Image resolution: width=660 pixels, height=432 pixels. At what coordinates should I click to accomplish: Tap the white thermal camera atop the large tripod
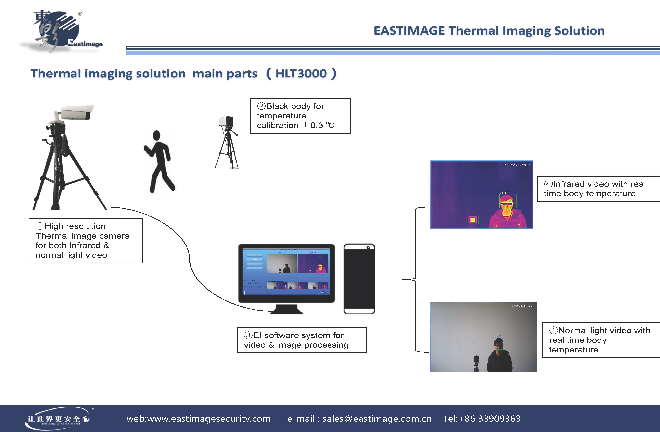(x=76, y=113)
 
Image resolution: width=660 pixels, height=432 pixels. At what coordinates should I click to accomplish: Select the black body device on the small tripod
(x=226, y=121)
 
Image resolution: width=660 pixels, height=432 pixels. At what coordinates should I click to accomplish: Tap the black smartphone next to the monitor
(x=359, y=279)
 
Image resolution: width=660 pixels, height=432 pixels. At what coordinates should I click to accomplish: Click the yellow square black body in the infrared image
(x=473, y=220)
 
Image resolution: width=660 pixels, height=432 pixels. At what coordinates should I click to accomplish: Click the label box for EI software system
(x=302, y=340)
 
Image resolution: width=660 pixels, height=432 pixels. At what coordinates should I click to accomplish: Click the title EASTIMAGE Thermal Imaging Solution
(x=489, y=31)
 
